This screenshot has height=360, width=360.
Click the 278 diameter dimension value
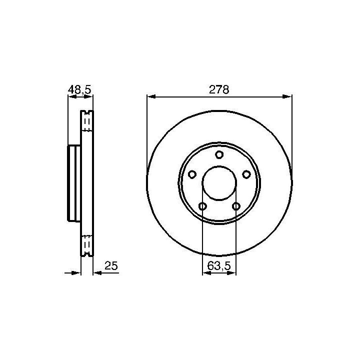pyautogui.click(x=219, y=89)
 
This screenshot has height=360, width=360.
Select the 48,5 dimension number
pyautogui.click(x=79, y=89)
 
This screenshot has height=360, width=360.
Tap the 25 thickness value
pyautogui.click(x=111, y=265)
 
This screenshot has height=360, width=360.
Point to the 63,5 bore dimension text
pyautogui.click(x=219, y=266)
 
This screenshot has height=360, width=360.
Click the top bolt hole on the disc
pyautogui.click(x=219, y=154)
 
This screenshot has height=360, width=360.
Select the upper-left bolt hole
pyautogui.click(x=192, y=174)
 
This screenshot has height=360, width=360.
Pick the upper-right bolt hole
pyautogui.click(x=246, y=174)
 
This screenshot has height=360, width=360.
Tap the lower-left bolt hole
pyautogui.click(x=202, y=206)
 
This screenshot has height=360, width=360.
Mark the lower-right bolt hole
pyautogui.click(x=236, y=206)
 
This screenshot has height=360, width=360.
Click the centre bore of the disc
pyautogui.click(x=219, y=183)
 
